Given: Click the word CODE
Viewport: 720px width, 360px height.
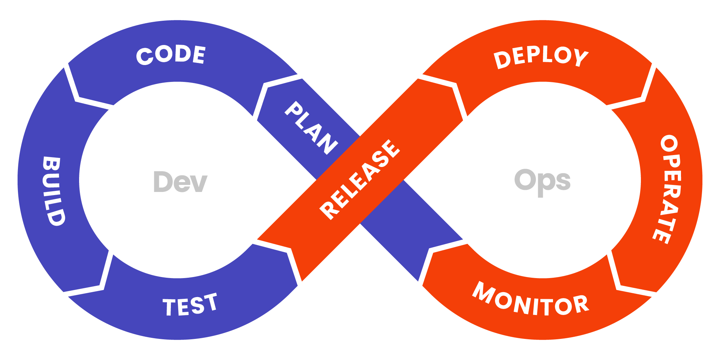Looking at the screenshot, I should coord(171,55).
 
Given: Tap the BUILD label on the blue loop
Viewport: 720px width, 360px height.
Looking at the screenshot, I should coord(54,191).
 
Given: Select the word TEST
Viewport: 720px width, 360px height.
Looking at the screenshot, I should coord(190,305).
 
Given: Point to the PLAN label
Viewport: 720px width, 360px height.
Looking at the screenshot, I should coord(311,128).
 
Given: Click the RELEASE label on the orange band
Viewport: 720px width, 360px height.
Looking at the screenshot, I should coord(360,179).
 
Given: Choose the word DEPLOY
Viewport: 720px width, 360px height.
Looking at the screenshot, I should coord(541,57).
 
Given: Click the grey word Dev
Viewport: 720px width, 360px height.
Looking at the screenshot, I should coord(180,182).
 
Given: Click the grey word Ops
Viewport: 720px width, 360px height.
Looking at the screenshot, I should coord(542,181).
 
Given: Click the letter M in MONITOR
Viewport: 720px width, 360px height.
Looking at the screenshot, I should coord(483,291).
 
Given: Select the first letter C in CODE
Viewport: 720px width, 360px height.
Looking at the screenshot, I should coord(144,56).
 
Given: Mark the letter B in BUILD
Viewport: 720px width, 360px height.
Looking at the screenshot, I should coord(51,164).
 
